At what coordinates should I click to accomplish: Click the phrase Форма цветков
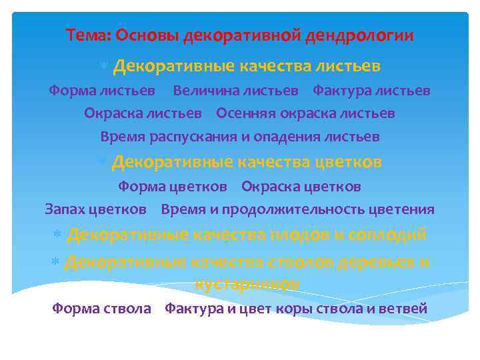[x=172, y=186]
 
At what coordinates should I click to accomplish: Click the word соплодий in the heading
[x=391, y=235]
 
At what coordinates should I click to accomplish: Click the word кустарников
[x=246, y=283]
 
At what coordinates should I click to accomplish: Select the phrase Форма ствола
[x=101, y=309]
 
